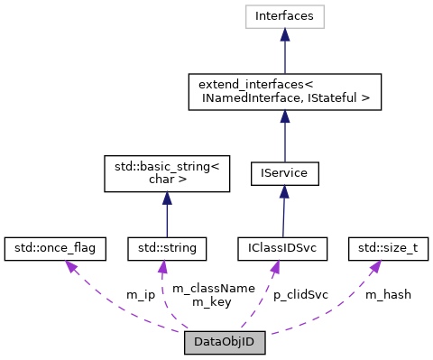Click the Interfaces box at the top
284,16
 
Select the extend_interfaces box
284,92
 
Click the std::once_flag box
56,245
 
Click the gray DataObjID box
226,344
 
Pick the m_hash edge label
388,295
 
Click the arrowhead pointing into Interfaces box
284,34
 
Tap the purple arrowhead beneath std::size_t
373,264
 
